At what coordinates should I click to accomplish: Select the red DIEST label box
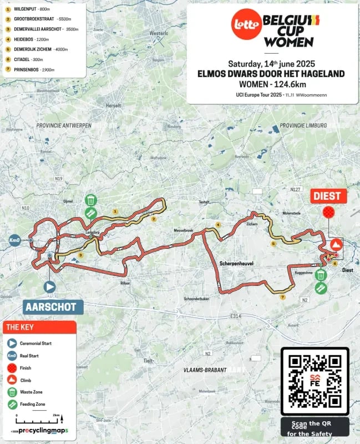pyautogui.click(x=329, y=196)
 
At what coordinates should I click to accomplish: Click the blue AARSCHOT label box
pyautogui.click(x=53, y=306)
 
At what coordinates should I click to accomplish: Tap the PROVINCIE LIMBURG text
pyautogui.click(x=303, y=126)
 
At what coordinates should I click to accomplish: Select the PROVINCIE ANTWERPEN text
pyautogui.click(x=63, y=126)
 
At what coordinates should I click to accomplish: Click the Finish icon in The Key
pyautogui.click(x=11, y=367)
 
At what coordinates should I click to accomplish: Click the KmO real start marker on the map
pyautogui.click(x=14, y=240)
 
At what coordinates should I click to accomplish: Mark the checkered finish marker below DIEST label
pyautogui.click(x=329, y=213)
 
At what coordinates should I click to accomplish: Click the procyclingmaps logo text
pyautogui.click(x=42, y=431)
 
